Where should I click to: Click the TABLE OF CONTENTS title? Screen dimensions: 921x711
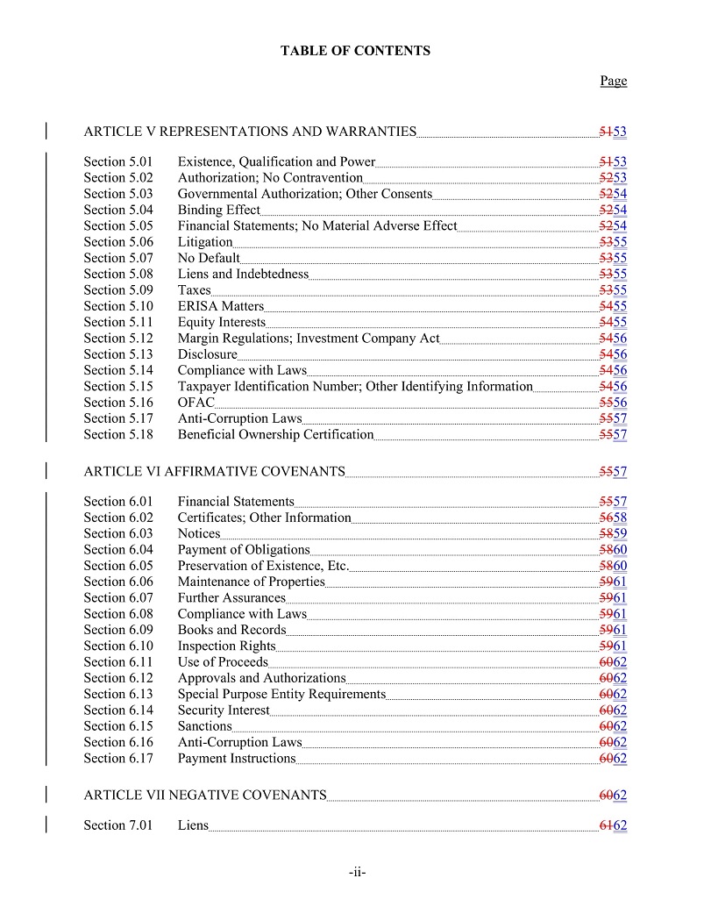(x=355, y=51)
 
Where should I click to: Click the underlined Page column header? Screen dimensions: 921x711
(x=614, y=81)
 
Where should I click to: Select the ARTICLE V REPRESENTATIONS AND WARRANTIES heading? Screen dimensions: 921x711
(x=250, y=132)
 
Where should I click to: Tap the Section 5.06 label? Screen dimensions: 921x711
(x=118, y=242)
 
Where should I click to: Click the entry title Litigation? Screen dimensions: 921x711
(x=205, y=242)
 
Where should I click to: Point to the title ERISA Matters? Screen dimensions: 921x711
(x=220, y=306)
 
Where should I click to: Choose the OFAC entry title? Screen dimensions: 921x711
(x=196, y=403)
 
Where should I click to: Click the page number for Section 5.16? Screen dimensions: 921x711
(x=613, y=403)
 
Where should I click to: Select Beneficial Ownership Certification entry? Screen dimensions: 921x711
(x=275, y=435)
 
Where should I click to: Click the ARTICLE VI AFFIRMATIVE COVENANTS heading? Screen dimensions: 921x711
(x=214, y=472)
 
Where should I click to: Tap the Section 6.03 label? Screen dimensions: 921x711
(x=118, y=533)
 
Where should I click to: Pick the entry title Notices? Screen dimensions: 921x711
(x=199, y=533)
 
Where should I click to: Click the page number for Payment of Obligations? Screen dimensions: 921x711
(x=613, y=550)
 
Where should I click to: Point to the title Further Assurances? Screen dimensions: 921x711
(x=231, y=598)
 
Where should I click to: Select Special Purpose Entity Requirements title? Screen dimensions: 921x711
(x=281, y=694)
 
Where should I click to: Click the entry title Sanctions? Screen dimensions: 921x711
(x=204, y=726)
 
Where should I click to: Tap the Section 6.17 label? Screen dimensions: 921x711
(x=118, y=759)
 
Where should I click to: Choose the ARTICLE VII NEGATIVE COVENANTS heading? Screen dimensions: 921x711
(x=205, y=796)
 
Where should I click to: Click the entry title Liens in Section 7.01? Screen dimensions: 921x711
(x=193, y=825)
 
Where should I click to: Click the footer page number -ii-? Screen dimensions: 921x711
(x=356, y=873)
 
